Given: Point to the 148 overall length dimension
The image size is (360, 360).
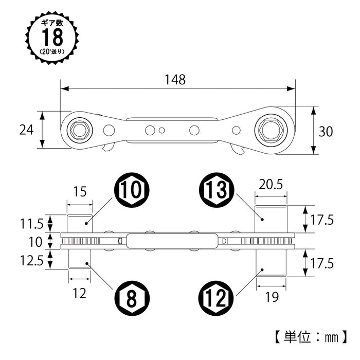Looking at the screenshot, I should tap(175, 80).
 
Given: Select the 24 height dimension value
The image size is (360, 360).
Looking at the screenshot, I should tap(26, 130).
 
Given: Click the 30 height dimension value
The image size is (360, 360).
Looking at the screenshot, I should tap(326, 131).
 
